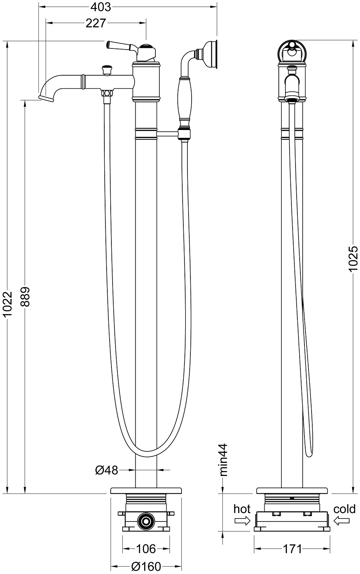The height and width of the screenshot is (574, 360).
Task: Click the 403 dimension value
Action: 101,7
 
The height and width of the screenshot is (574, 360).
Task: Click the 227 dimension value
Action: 95,23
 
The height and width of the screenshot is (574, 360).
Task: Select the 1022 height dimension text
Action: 9,304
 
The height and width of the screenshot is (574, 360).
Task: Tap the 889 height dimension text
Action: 25,297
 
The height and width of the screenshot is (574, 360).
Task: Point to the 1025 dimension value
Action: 353,259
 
